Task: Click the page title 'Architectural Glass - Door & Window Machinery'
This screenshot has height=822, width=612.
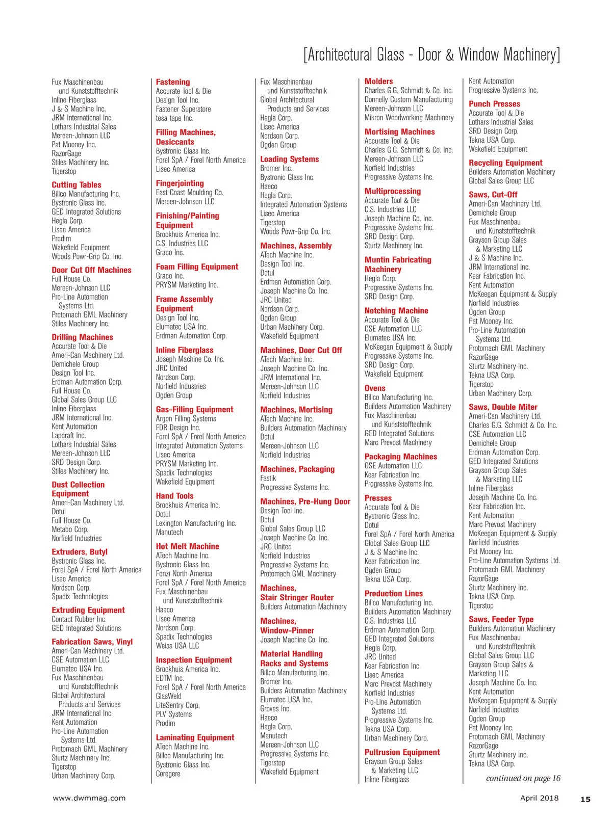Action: (431, 55)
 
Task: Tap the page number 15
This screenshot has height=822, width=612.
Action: (585, 799)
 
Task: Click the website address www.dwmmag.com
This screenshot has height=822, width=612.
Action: (89, 798)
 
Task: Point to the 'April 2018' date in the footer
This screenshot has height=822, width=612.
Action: (539, 798)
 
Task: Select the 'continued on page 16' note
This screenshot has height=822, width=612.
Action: (523, 778)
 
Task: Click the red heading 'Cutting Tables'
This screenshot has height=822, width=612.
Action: (76, 185)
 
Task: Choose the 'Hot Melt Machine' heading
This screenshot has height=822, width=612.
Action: (187, 546)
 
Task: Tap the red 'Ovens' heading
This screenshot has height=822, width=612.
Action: (375, 388)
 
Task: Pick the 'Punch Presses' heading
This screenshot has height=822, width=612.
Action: (494, 104)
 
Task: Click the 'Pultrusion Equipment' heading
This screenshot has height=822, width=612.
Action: (402, 752)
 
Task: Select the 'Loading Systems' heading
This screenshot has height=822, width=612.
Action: (289, 159)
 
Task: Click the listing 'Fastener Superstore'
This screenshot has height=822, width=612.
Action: (183, 109)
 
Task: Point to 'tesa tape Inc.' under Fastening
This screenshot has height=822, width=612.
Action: (174, 118)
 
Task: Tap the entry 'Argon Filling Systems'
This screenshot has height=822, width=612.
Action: (186, 418)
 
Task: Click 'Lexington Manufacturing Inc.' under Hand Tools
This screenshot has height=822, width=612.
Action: (196, 523)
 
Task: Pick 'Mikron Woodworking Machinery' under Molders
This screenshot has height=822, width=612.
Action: (409, 118)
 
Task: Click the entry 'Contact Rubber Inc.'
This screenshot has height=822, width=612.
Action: (79, 619)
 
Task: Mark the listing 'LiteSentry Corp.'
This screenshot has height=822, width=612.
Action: (177, 705)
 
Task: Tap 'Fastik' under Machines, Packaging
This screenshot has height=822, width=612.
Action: (268, 479)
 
